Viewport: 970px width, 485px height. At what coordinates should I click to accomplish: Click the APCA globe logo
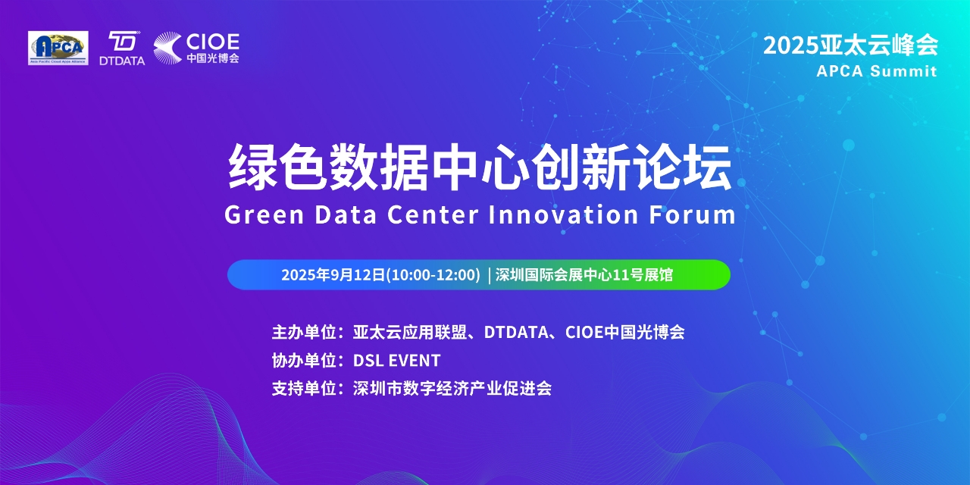pyautogui.click(x=58, y=48)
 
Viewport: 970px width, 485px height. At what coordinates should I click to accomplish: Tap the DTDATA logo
pyautogui.click(x=122, y=48)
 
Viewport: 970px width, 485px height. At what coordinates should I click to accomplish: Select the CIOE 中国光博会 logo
pyautogui.click(x=196, y=48)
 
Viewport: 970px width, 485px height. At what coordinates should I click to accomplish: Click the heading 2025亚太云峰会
pyautogui.click(x=850, y=45)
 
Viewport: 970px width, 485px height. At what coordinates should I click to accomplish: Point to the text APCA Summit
pyautogui.click(x=877, y=71)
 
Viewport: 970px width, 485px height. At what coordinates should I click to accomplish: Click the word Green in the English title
pyautogui.click(x=264, y=214)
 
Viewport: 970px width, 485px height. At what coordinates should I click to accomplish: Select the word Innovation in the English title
pyautogui.click(x=563, y=214)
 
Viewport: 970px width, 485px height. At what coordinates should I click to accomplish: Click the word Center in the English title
pyautogui.click(x=433, y=214)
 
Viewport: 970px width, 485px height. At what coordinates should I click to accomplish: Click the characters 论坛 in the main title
pyautogui.click(x=682, y=167)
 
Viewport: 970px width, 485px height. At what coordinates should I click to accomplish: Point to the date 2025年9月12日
pyautogui.click(x=333, y=274)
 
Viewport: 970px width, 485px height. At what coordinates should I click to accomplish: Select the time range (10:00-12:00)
pyautogui.click(x=433, y=274)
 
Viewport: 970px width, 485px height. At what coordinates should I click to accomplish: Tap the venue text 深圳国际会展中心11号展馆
pyautogui.click(x=584, y=274)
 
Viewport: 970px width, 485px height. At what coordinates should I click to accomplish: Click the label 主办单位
pyautogui.click(x=305, y=332)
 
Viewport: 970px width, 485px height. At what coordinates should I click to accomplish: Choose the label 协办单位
pyautogui.click(x=305, y=360)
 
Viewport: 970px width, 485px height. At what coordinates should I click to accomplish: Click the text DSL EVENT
pyautogui.click(x=396, y=360)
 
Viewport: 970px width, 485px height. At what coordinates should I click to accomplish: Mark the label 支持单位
pyautogui.click(x=305, y=389)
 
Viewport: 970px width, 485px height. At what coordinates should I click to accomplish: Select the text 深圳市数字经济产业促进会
pyautogui.click(x=452, y=389)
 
